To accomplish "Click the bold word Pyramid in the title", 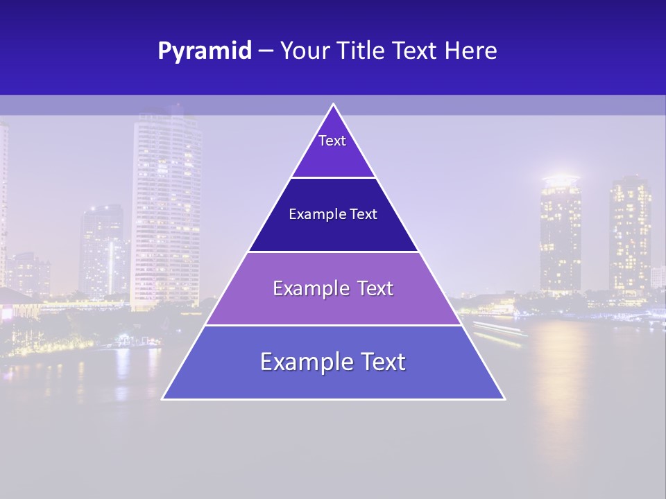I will (x=205, y=51).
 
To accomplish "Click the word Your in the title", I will (x=305, y=51).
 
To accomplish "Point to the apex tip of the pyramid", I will (x=333, y=105).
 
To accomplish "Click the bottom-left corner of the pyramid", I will (x=163, y=399).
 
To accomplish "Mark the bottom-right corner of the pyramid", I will (x=504, y=399).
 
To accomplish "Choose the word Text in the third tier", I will (x=375, y=288).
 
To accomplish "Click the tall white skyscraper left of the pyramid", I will (x=166, y=208).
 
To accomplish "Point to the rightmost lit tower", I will (x=629, y=236).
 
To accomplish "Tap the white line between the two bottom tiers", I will (x=333, y=325).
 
